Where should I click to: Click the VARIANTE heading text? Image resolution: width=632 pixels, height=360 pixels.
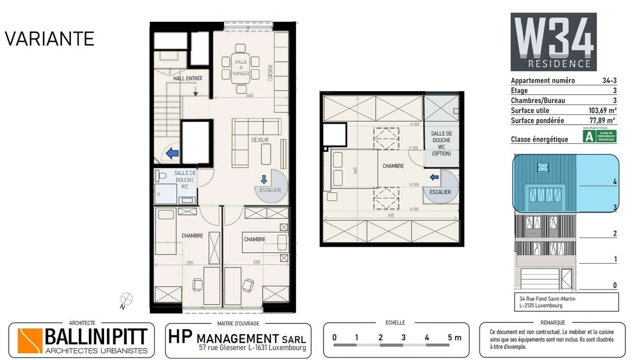tap(49, 39)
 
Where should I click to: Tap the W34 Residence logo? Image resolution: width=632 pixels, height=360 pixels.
tap(553, 42)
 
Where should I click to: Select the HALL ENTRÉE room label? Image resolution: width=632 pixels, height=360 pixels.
tap(187, 78)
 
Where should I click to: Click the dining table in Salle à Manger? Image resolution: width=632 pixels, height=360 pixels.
tap(241, 67)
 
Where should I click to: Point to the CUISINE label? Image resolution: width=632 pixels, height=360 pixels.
tap(270, 73)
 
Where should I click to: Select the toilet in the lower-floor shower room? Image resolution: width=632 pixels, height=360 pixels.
tap(162, 176)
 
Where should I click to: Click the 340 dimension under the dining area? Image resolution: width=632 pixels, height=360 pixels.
tap(249, 96)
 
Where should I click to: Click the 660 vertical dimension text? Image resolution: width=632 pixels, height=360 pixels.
tap(355, 170)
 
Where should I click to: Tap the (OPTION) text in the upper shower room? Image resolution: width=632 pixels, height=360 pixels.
tap(441, 153)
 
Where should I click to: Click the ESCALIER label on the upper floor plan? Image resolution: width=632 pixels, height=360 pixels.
tap(440, 192)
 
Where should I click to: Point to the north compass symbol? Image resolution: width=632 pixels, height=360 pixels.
tap(126, 299)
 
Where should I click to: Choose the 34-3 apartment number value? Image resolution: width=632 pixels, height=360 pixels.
tap(609, 81)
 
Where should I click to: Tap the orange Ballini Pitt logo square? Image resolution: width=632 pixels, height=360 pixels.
tap(30, 340)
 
